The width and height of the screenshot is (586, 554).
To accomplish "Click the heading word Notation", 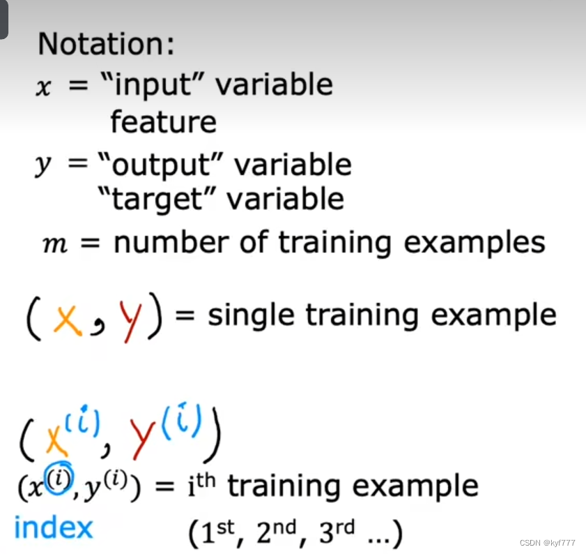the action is click(x=106, y=43).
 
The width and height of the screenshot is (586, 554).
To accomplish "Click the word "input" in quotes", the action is click(x=157, y=86).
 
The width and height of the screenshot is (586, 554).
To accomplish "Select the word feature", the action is click(x=163, y=121).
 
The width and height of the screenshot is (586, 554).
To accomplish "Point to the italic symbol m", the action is click(x=55, y=245).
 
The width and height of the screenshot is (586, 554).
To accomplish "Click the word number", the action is click(x=171, y=242).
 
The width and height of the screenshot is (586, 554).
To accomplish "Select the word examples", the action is click(x=475, y=244).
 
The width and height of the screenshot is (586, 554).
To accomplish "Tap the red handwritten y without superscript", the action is click(x=131, y=321).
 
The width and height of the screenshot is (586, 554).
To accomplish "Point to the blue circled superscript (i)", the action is click(x=59, y=478).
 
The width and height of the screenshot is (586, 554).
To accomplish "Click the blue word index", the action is click(x=54, y=527).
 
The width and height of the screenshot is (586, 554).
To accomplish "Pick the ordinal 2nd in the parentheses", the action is click(x=276, y=531).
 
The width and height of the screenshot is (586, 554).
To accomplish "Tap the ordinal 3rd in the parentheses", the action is click(x=337, y=531).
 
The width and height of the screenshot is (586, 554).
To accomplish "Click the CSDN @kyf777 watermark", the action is click(x=547, y=542).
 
